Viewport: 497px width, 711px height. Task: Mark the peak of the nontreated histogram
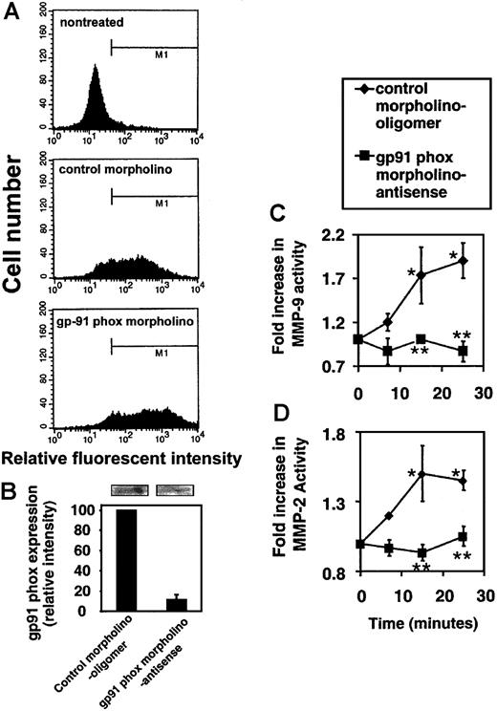96,68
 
